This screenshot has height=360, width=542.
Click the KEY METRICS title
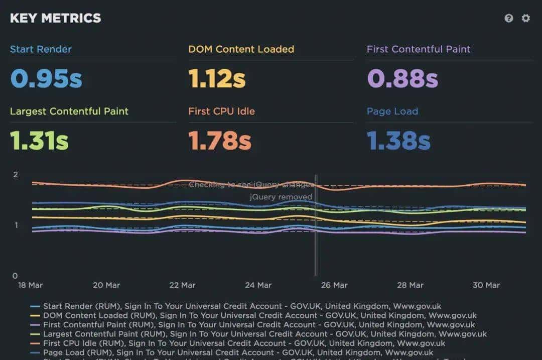pyautogui.click(x=55, y=18)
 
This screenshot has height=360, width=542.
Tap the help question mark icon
pyautogui.click(x=509, y=18)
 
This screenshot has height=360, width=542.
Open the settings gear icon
pyautogui.click(x=525, y=18)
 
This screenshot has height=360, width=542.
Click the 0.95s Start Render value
pyautogui.click(x=46, y=78)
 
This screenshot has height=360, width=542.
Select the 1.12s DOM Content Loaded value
pyautogui.click(x=217, y=78)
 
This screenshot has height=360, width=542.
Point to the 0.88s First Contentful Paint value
pyautogui.click(x=402, y=78)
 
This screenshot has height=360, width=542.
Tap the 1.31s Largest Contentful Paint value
pyautogui.click(x=39, y=140)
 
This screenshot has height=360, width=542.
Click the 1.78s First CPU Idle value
pyautogui.click(x=220, y=140)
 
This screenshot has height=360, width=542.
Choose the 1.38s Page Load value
pyautogui.click(x=398, y=140)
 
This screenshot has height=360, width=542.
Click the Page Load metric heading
pyautogui.click(x=392, y=111)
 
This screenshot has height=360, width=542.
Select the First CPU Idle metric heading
pyautogui.click(x=221, y=111)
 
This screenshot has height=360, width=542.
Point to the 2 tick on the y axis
pyautogui.click(x=16, y=175)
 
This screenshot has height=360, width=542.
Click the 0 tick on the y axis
pyautogui.click(x=15, y=276)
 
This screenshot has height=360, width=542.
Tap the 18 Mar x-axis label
pyautogui.click(x=30, y=285)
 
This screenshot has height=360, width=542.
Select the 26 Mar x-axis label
pyautogui.click(x=334, y=285)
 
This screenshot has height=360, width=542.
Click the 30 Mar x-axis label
pyautogui.click(x=486, y=285)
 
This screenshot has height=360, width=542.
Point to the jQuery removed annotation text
pyautogui.click(x=281, y=197)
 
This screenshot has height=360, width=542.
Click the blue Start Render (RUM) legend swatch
pyautogui.click(x=35, y=306)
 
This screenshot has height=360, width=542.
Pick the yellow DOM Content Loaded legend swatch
pyautogui.click(x=35, y=316)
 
